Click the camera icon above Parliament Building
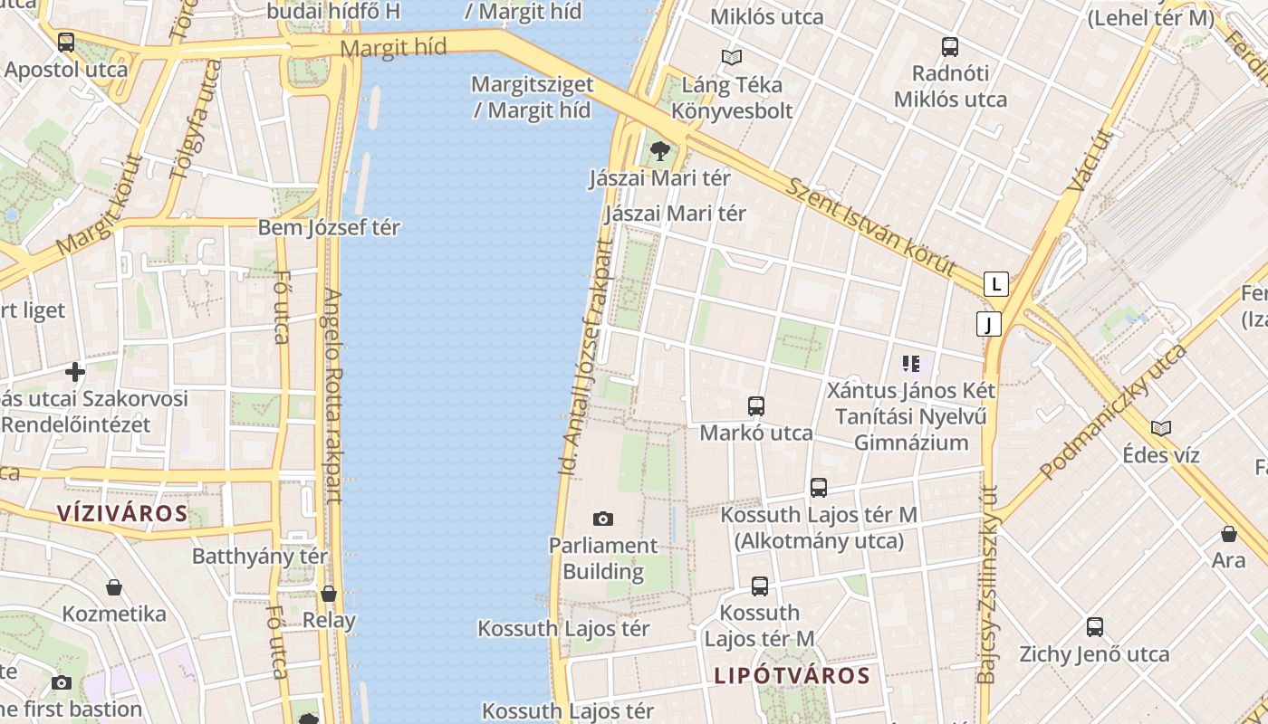click(x=603, y=519)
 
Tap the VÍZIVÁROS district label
click(x=122, y=514)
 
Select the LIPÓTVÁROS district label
click(x=792, y=675)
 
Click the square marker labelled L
click(x=996, y=284)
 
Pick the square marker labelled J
click(x=988, y=324)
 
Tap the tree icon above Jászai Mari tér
click(x=660, y=151)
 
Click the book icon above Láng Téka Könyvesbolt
click(x=732, y=57)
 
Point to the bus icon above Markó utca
click(x=756, y=406)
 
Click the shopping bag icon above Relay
click(x=329, y=594)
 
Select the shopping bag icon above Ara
click(x=1229, y=534)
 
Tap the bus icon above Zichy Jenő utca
click(x=1095, y=627)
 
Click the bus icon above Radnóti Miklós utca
click(x=950, y=47)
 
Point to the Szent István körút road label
click(x=870, y=227)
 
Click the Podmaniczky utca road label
click(x=1113, y=412)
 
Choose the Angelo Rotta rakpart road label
click(x=333, y=395)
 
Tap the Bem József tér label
click(x=329, y=227)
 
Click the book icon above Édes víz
click(x=1161, y=428)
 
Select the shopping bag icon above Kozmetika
click(x=114, y=588)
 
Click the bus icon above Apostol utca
click(x=66, y=42)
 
